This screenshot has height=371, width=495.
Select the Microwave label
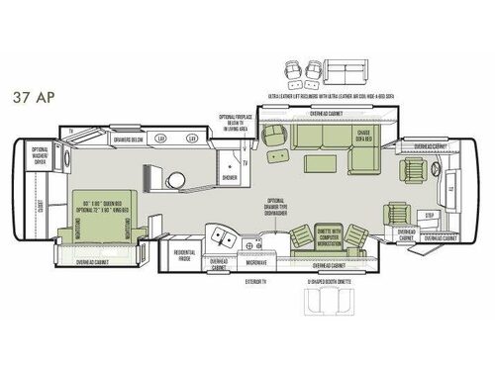coord(256,262)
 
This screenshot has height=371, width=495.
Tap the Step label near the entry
coord(429,215)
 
